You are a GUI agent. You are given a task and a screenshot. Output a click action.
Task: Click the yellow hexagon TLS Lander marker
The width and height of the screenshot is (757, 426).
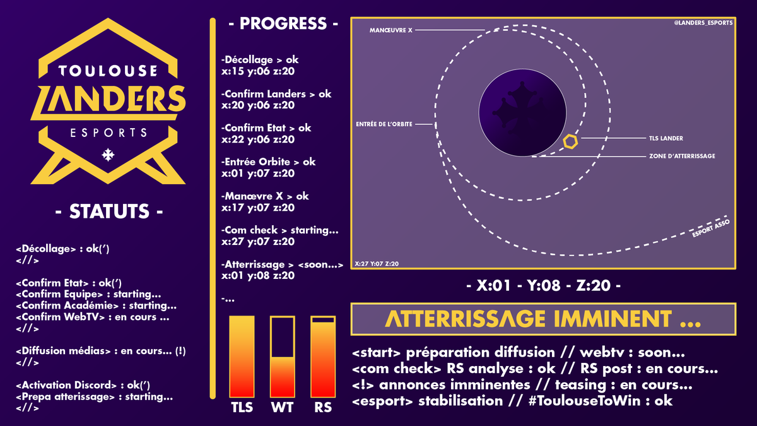click(x=570, y=142)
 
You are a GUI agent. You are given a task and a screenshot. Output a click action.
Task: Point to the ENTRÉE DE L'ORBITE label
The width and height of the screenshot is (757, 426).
click(x=384, y=124)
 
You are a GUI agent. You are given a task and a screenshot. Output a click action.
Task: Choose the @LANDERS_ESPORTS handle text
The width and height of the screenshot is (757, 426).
click(x=702, y=24)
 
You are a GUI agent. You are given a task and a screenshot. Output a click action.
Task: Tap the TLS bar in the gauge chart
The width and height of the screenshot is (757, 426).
click(x=242, y=357)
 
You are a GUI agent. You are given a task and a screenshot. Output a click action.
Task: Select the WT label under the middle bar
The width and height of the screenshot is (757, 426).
click(x=282, y=407)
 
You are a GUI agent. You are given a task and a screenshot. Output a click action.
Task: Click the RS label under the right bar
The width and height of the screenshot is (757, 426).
click(x=323, y=407)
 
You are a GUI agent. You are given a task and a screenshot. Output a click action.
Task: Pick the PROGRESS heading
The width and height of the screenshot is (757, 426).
click(x=283, y=24)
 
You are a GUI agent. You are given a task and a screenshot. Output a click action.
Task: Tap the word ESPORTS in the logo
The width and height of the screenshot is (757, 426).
click(x=109, y=133)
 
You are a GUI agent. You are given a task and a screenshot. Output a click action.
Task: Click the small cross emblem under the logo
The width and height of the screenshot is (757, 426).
click(x=109, y=154)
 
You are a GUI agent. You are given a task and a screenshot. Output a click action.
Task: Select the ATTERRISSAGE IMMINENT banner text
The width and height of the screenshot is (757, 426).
click(x=543, y=320)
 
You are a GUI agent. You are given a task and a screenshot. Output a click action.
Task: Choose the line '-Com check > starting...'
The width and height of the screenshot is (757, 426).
click(x=280, y=230)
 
